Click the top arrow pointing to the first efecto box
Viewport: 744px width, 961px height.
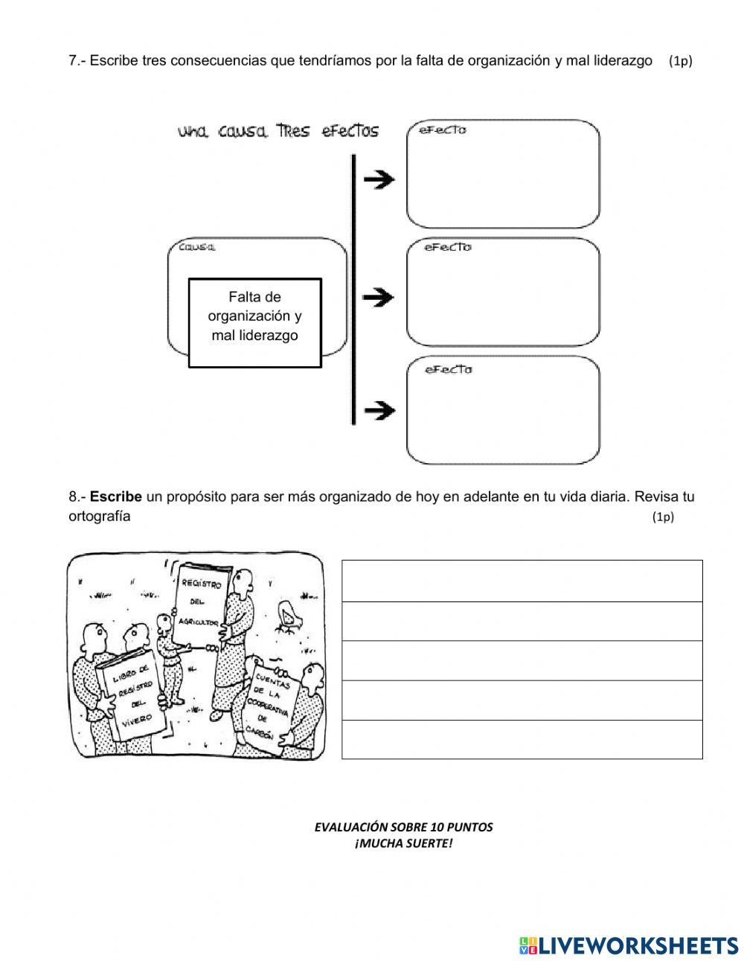coord(379,179)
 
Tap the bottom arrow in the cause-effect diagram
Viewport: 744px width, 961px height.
coord(379,410)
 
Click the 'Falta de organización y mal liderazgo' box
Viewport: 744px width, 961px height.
coord(254,322)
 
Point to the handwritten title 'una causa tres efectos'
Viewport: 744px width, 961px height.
coord(278,132)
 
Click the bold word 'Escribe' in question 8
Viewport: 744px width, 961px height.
coord(116,497)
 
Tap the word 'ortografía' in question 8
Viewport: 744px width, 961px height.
coord(100,517)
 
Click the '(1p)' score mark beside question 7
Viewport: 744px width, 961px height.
coord(680,61)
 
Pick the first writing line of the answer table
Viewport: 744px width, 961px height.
coord(522,581)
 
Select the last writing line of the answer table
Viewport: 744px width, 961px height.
coord(522,739)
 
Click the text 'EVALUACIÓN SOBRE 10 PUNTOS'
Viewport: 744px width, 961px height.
coord(403,827)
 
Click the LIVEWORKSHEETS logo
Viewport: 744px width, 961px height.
coord(629,945)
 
